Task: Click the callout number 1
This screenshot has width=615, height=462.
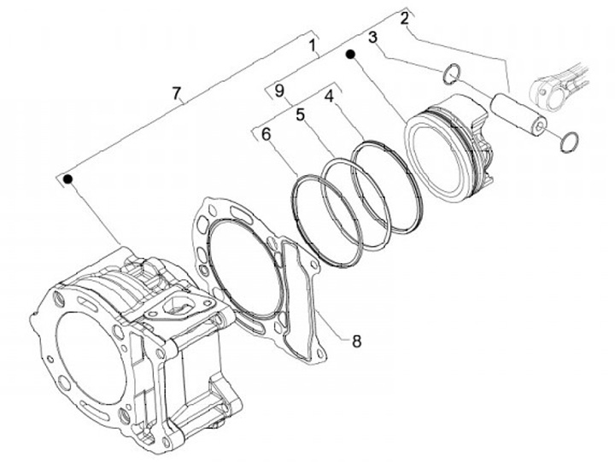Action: (313, 46)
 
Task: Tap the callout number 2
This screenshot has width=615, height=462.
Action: (405, 19)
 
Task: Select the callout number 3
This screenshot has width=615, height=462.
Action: (372, 38)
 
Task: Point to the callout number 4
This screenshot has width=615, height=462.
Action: (329, 96)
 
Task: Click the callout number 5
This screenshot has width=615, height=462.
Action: (300, 115)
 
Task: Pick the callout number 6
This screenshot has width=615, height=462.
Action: (266, 135)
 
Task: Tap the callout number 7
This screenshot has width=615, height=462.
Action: (177, 93)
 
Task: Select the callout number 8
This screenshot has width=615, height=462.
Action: (356, 342)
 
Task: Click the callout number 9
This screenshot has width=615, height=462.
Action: (278, 91)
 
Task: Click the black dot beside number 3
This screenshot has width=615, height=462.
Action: (351, 54)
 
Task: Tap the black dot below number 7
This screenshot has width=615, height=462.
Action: (68, 179)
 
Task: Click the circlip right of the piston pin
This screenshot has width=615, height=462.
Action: (570, 142)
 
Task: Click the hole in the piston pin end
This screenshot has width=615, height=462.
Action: (540, 126)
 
